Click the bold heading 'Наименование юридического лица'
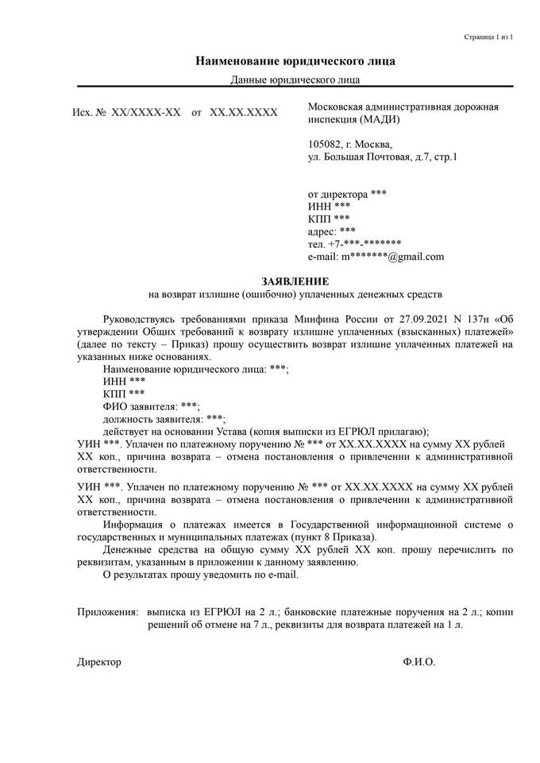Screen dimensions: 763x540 (x=295, y=61)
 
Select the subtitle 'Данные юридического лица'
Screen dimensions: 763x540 (x=295, y=79)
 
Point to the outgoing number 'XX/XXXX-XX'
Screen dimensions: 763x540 (x=146, y=114)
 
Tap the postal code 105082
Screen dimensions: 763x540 (x=326, y=144)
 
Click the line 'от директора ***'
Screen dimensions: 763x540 (x=347, y=194)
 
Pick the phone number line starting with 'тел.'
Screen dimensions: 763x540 (x=354, y=244)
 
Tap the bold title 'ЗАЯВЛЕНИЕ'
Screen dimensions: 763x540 (x=295, y=282)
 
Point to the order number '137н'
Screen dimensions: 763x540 (x=480, y=318)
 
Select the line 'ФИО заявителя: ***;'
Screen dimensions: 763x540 (x=152, y=406)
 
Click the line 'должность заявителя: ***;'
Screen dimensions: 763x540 (x=164, y=419)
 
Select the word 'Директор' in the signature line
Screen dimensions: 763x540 (x=99, y=661)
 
